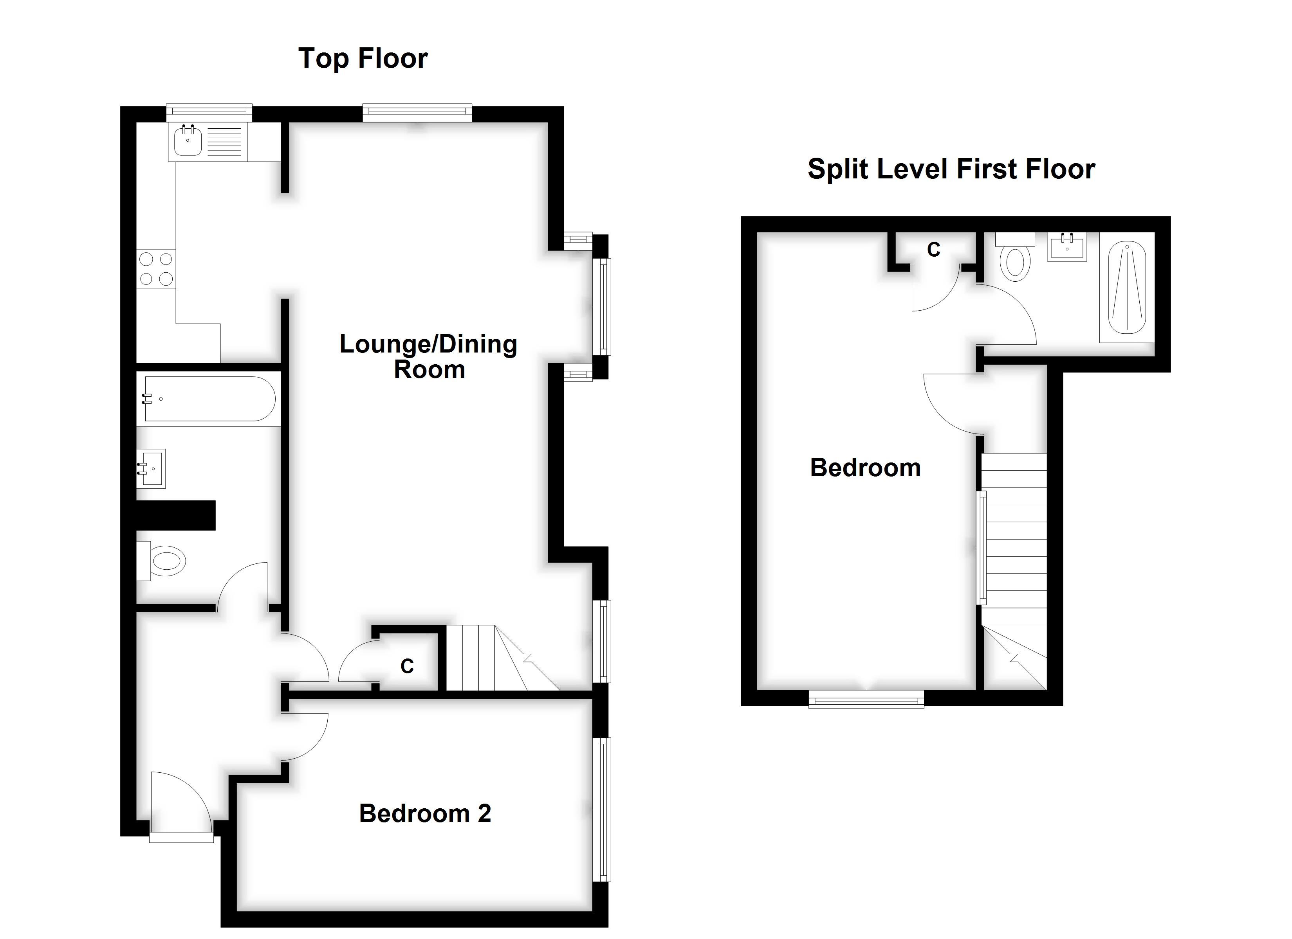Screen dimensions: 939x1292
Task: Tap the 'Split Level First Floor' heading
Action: point(951,169)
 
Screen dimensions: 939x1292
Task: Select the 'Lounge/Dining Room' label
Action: point(428,356)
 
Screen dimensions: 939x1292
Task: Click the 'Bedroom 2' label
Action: point(424,813)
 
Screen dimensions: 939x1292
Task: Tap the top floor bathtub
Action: point(209,399)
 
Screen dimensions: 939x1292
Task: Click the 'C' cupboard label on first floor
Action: point(933,249)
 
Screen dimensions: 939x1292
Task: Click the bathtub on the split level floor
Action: point(1126,288)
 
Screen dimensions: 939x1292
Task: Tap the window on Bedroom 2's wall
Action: point(602,809)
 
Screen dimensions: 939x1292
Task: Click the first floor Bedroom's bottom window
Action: point(866,699)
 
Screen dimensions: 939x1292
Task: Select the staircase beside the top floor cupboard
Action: point(496,658)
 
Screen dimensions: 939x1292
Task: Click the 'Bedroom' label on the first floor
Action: point(865,468)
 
